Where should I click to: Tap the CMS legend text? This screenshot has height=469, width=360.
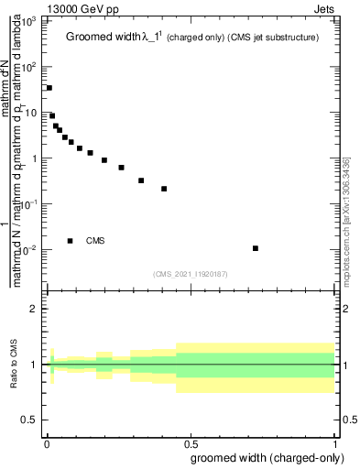95,241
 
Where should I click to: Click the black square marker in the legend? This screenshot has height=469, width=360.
71,241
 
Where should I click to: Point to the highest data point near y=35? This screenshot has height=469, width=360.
49,88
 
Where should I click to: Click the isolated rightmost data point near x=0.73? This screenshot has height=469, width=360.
256,248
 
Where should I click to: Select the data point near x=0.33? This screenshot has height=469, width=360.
141,180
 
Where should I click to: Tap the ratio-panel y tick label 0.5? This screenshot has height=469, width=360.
30,420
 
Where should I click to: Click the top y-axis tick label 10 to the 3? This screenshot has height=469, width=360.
29,21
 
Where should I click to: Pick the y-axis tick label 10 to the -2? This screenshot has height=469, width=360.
29,250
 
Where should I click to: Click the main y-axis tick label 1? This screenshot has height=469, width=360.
35,158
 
